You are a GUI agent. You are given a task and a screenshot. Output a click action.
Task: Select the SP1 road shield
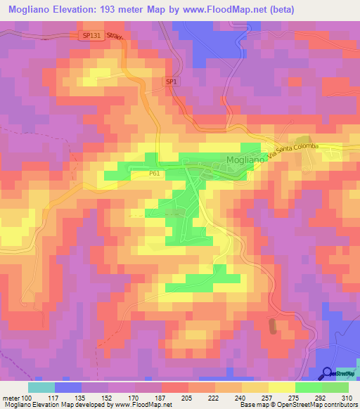(x=172, y=82)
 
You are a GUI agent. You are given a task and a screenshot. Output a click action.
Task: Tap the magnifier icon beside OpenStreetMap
(x=326, y=373)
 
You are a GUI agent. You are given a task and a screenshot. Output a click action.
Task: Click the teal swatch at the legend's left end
(x=41, y=387)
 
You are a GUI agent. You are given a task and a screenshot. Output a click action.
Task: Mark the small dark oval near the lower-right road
(x=272, y=325)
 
